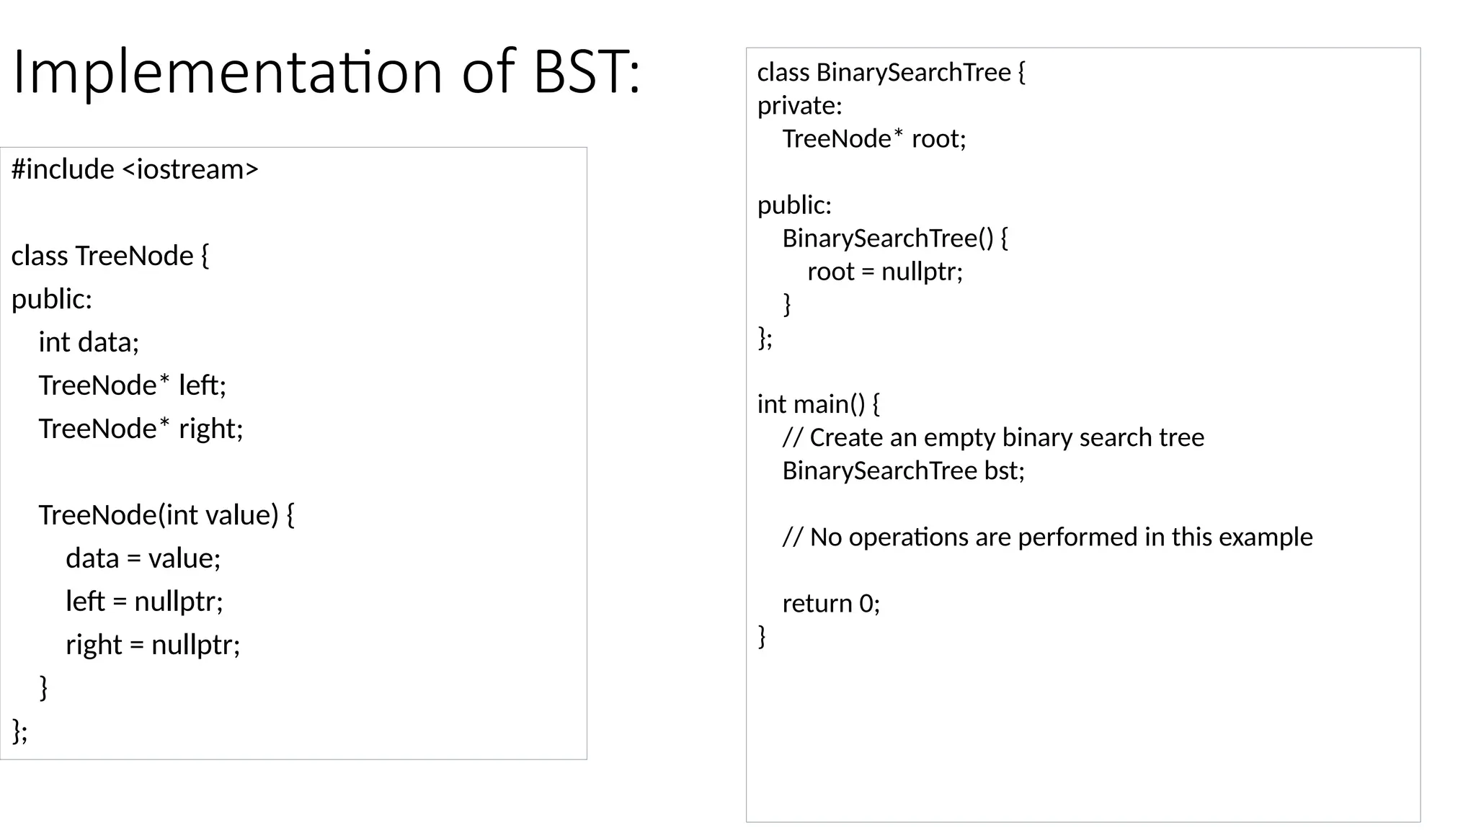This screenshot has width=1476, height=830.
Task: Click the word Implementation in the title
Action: tap(227, 72)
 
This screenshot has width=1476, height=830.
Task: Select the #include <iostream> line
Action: tap(135, 169)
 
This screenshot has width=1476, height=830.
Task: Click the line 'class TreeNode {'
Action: tap(110, 256)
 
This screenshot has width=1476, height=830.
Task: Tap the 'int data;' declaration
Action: tap(89, 342)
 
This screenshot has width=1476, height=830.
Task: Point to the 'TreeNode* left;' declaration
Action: tap(133, 385)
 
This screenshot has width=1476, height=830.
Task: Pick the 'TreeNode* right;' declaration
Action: tap(141, 429)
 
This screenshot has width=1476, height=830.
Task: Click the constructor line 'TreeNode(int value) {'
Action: tap(166, 515)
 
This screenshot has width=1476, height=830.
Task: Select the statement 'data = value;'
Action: tap(143, 558)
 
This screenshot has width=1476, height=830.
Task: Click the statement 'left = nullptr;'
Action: tap(144, 602)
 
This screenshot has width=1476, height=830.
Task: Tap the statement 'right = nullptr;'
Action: tap(153, 645)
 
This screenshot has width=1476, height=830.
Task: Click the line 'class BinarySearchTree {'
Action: tap(891, 72)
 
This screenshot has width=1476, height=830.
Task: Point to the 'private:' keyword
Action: tap(799, 106)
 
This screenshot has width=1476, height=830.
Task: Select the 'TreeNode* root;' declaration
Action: tap(873, 138)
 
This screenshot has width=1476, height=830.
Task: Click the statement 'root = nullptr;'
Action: tap(885, 272)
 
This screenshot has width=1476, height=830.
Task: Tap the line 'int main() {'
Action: tap(818, 404)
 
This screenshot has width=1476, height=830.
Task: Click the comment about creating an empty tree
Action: tap(993, 437)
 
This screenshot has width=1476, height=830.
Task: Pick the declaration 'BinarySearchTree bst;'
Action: tap(903, 470)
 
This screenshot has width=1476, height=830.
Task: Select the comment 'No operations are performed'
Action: tap(1047, 537)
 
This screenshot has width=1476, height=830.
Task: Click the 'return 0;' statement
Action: tap(831, 603)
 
